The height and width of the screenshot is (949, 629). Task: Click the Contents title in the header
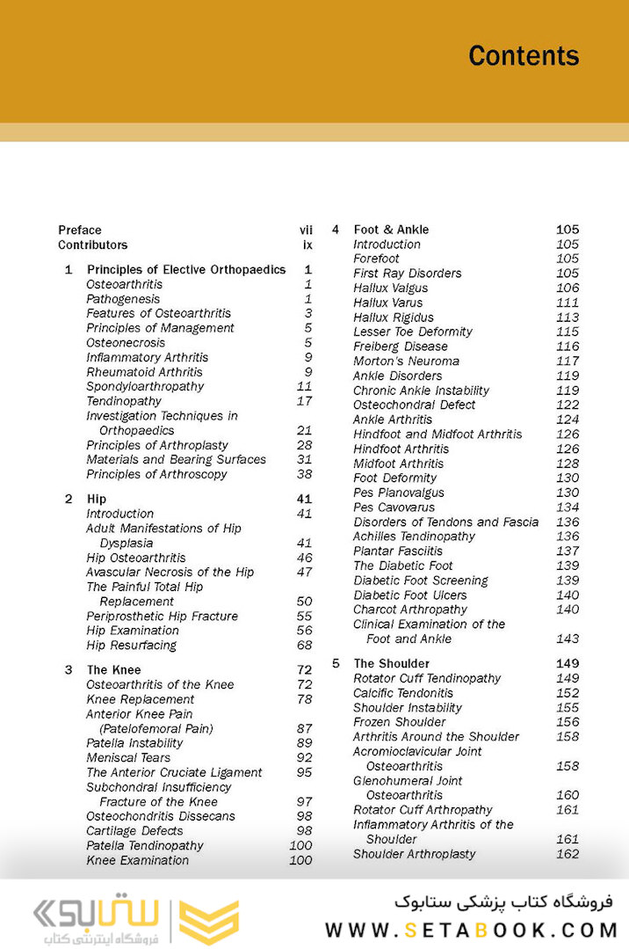tap(524, 55)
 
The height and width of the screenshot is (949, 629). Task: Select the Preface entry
tap(80, 230)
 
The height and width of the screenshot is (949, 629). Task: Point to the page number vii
tap(306, 230)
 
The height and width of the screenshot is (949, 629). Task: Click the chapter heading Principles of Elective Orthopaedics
tap(186, 270)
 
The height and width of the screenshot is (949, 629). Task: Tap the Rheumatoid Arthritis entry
tap(144, 372)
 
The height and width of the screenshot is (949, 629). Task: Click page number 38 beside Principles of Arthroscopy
tap(304, 474)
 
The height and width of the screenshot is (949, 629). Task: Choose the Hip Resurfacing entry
tap(131, 646)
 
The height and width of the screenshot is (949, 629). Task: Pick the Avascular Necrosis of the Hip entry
tap(170, 573)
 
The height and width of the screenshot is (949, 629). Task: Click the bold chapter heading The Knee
tap(113, 670)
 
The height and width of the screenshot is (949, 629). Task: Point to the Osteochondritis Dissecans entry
tap(161, 816)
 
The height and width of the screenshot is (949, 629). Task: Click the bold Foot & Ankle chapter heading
tap(391, 230)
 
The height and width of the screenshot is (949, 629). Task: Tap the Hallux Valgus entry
tap(391, 288)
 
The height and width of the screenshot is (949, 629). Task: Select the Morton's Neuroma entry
tap(406, 361)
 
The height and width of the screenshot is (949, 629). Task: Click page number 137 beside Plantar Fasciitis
tap(568, 551)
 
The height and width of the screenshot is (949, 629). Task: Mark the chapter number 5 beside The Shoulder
tap(336, 664)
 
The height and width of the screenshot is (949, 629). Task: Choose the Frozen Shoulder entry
tap(400, 722)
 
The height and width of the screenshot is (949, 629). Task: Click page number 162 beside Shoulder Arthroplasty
tap(568, 854)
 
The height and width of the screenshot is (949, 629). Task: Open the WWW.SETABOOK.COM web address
tap(472, 930)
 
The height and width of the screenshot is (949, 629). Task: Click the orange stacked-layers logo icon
tap(209, 921)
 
